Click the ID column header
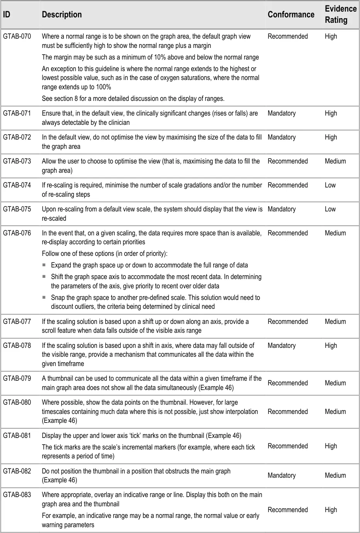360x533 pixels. [7, 15]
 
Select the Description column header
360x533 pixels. [62, 15]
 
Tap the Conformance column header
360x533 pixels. [291, 15]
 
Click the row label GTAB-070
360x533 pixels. [17, 36]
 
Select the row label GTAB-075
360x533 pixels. [17, 209]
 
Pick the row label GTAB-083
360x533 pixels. [17, 494]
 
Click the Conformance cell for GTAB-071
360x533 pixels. [282, 113]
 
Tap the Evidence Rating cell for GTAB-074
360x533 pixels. [330, 185]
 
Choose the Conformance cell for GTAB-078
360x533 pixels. [282, 346]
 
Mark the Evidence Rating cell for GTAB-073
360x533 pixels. [335, 161]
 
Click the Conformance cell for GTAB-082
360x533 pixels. [282, 475]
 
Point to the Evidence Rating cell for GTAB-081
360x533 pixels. [331, 446]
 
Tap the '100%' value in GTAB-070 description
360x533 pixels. [103, 87]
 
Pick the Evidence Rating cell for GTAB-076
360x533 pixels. [335, 233]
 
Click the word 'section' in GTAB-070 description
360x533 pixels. [64, 99]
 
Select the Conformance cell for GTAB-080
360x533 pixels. [288, 412]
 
